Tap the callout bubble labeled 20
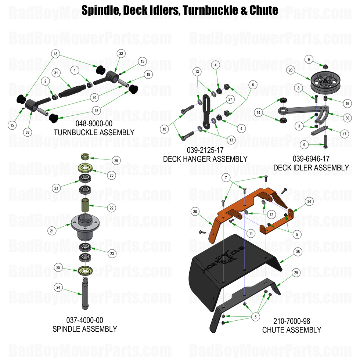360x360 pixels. tap(290, 70)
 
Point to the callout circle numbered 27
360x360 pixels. tap(230, 100)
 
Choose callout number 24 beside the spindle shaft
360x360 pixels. tap(57, 287)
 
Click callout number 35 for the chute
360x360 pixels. tap(298, 252)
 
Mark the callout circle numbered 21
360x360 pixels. tap(51, 231)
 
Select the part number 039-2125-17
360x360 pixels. tap(205, 150)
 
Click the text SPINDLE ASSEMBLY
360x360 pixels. tap(85, 328)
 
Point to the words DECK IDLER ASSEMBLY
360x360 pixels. tap(311, 168)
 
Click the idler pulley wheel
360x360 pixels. tap(323, 82)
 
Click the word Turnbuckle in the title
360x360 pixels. tap(208, 10)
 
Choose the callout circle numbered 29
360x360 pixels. tap(295, 273)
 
